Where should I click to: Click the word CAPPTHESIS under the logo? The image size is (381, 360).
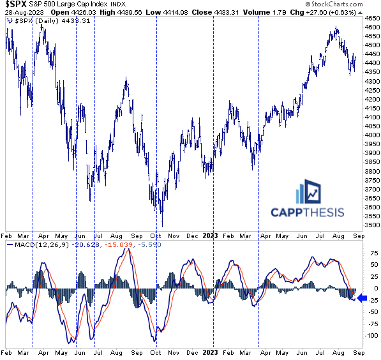pos(307,213)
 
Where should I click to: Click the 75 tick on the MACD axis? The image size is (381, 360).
pos(369,253)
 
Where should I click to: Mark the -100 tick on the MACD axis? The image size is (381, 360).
pos(370,335)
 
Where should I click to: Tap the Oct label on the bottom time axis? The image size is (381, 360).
pos(157,352)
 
